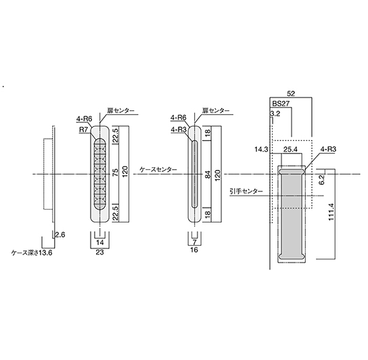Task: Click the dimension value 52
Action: (291, 93)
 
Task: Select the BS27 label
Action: (281, 104)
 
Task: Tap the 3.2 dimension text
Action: (275, 114)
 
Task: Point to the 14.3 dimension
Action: (261, 150)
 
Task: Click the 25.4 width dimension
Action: (290, 150)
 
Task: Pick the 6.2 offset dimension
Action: (321, 179)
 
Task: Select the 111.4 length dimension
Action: (331, 212)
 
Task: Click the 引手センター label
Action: (246, 192)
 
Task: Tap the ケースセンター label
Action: (158, 170)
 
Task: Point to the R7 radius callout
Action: (83, 130)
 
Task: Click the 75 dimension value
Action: (115, 174)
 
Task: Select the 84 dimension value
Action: (208, 174)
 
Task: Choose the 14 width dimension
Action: (99, 242)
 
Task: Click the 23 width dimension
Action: (99, 252)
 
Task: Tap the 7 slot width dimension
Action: (194, 241)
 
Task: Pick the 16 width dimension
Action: (194, 250)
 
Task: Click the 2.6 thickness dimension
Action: (60, 235)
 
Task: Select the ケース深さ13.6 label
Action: (32, 253)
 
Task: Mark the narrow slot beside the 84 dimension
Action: (194, 174)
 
